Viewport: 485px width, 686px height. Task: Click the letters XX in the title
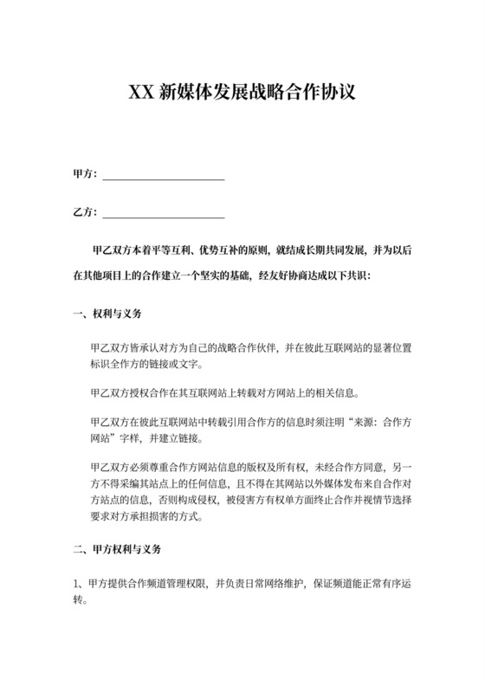[142, 92]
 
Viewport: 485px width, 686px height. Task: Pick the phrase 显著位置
[389, 347]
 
